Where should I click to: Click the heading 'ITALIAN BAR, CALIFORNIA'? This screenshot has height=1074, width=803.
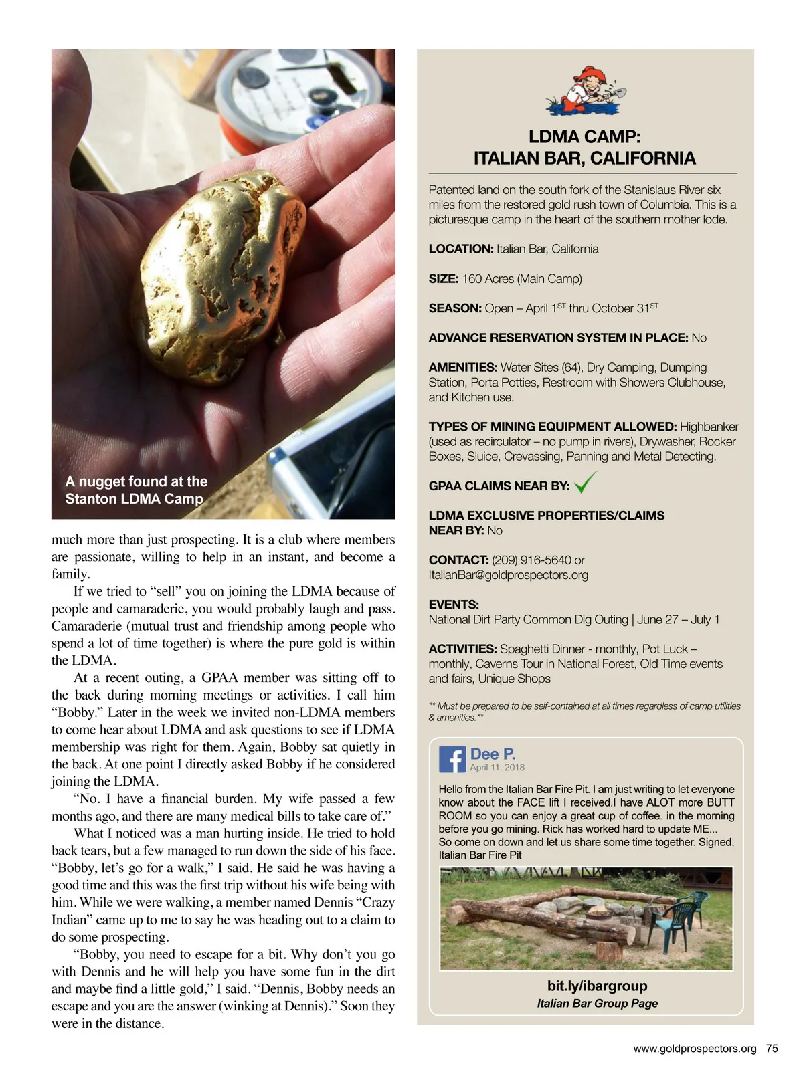pos(584,158)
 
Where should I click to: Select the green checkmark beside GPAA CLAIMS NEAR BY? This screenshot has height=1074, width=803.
pos(585,482)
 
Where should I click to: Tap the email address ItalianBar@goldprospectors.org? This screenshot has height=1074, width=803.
pos(509,575)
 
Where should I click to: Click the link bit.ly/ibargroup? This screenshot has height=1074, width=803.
pos(597,986)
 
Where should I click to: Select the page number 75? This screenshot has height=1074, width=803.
pos(772,1049)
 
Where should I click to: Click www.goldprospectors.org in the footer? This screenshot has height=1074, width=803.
pos(695,1049)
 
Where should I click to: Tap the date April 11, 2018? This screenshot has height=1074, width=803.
pos(497,768)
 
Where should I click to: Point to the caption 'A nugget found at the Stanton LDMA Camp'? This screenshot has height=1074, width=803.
pos(136,490)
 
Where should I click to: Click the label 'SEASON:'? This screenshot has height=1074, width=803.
pos(455,308)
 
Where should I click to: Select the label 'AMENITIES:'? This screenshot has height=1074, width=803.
pos(463,367)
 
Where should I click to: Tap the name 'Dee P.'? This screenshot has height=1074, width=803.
pos(493,754)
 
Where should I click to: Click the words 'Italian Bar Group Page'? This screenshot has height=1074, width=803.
pos(597,1003)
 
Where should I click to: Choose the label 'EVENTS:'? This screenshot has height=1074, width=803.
pos(454,605)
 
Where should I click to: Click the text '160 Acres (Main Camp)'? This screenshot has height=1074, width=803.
pos(522,279)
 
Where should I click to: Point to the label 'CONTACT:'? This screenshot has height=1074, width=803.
pos(458,560)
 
